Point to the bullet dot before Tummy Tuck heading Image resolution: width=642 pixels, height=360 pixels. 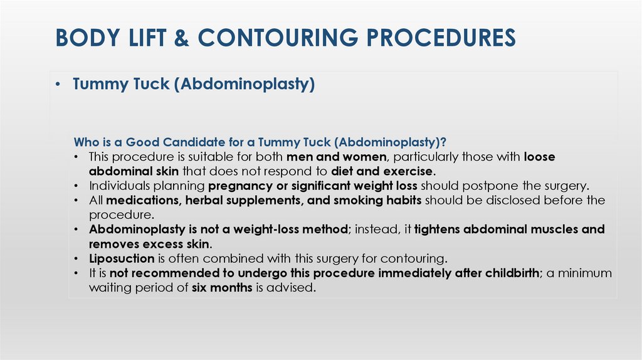point(57,84)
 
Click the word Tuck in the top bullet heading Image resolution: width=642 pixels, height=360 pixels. point(149,84)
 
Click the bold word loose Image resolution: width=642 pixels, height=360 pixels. point(539,156)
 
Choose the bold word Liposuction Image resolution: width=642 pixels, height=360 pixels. point(122,258)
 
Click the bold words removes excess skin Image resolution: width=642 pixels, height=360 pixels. point(149,243)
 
